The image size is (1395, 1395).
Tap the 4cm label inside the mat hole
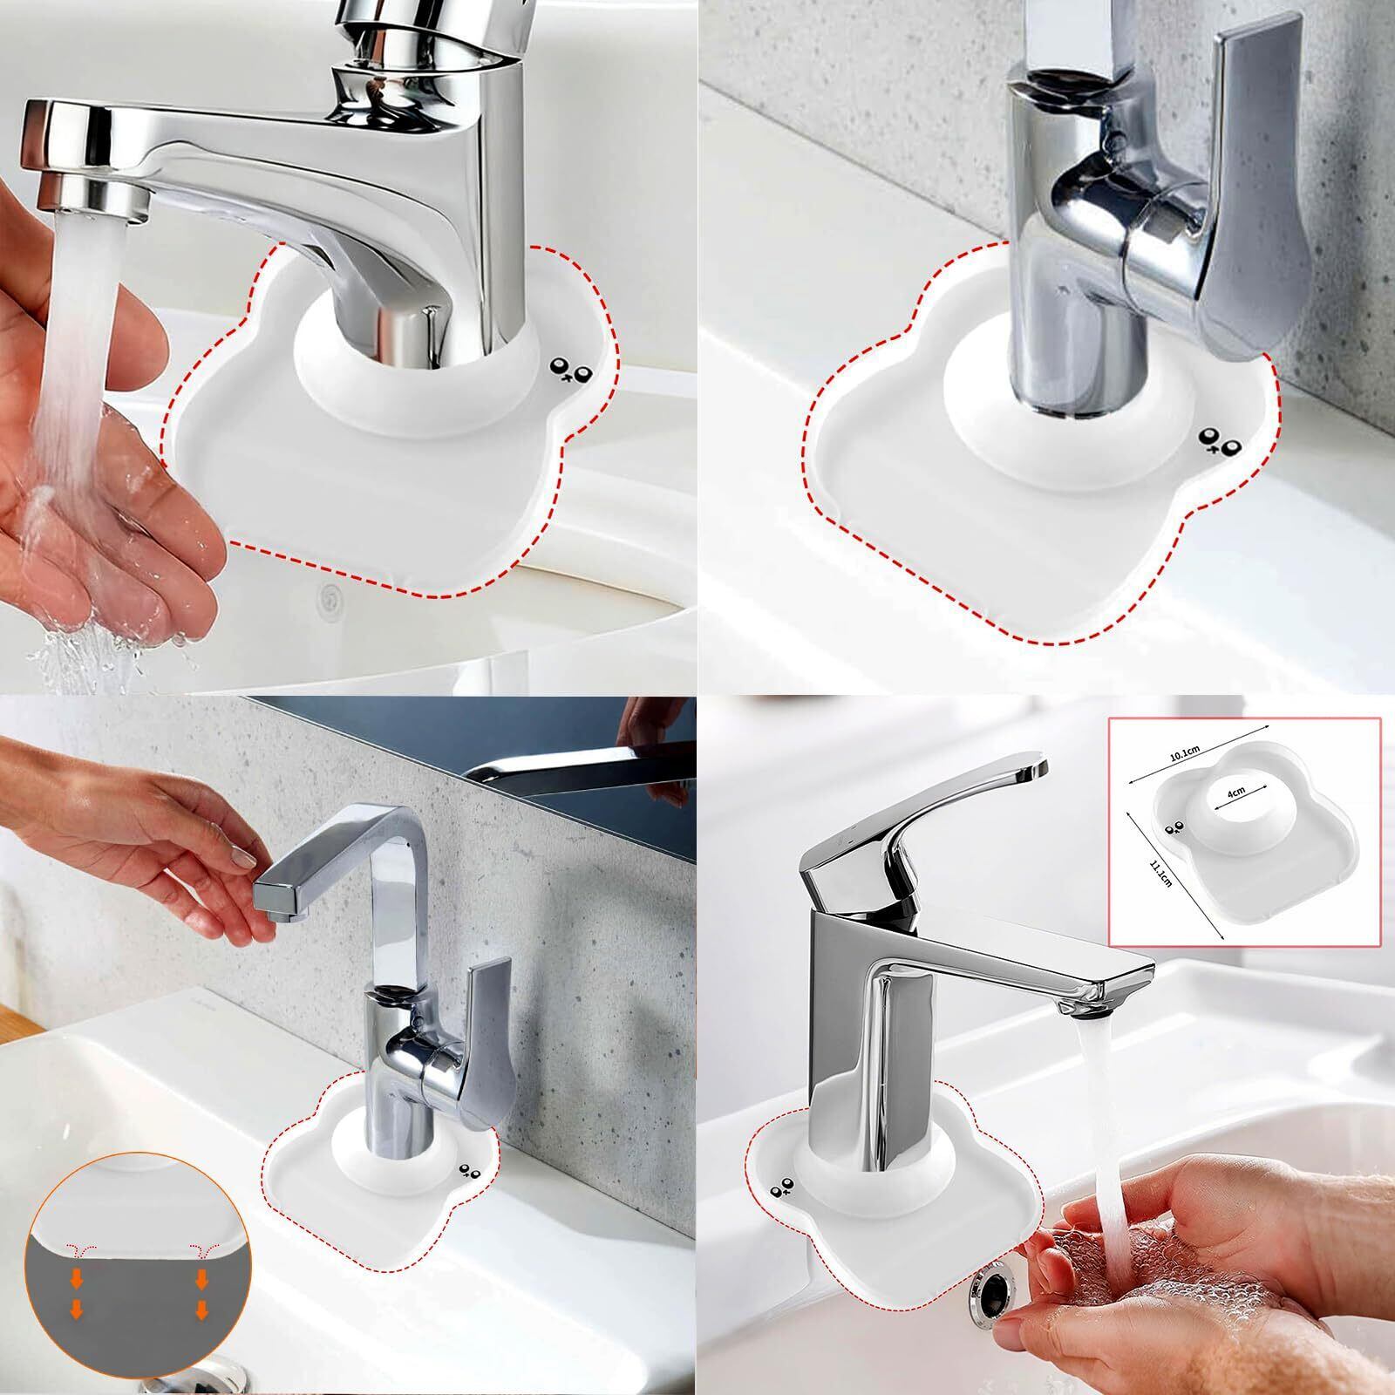[1236, 793]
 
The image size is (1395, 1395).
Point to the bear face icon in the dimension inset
[1172, 829]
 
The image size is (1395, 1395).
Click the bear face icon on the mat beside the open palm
[571, 371]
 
